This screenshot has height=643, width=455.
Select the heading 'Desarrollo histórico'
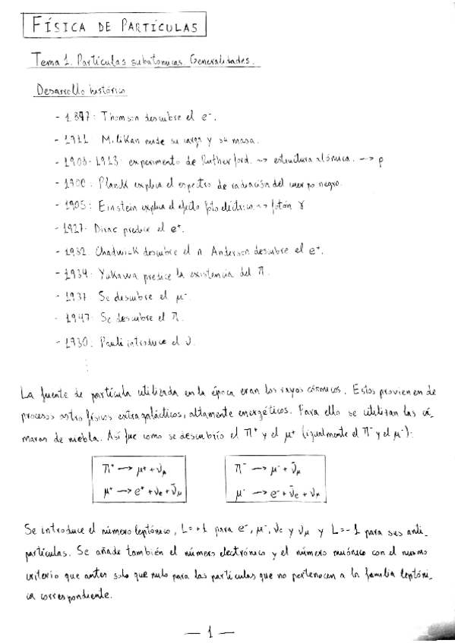pos(81,91)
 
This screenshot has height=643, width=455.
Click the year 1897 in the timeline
pos(78,118)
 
